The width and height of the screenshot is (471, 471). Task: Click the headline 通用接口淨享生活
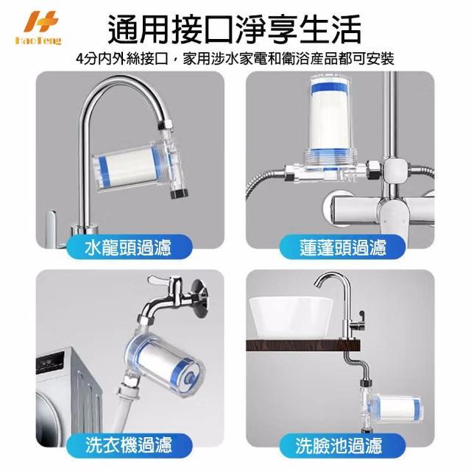point(235,30)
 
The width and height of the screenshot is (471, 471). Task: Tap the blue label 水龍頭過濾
point(128,247)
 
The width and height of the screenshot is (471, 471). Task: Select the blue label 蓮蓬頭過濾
point(342,247)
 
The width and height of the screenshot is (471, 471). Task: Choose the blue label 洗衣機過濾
point(128,445)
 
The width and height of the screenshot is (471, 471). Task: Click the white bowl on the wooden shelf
point(291,317)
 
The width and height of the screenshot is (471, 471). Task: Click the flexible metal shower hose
point(263,186)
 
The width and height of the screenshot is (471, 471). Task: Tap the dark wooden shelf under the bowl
point(302,345)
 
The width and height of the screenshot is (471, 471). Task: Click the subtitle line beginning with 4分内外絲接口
point(235,59)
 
